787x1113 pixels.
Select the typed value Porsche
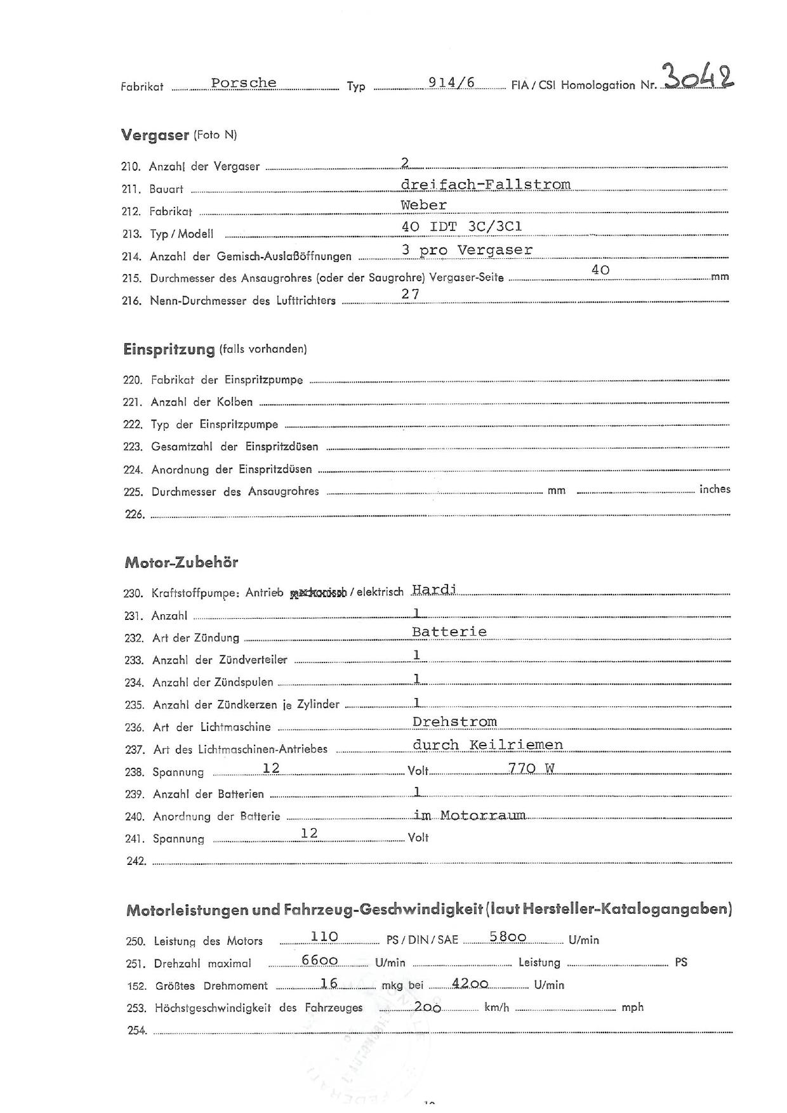[x=244, y=83]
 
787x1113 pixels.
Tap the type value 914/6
[x=451, y=82]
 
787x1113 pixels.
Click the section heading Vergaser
[x=155, y=135]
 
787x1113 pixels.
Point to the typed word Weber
[x=423, y=205]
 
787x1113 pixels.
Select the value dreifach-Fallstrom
[x=486, y=185]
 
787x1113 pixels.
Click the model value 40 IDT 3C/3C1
[x=462, y=227]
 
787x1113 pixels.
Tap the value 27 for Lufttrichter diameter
[x=411, y=294]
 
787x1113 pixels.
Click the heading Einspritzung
[x=169, y=349]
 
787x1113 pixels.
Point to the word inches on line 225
[x=715, y=489]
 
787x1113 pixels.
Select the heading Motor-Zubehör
[x=182, y=562]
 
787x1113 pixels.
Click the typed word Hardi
[x=434, y=589]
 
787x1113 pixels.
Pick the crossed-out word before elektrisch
[x=318, y=593]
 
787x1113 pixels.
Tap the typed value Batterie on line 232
[x=449, y=631]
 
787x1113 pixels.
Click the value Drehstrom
[x=454, y=722]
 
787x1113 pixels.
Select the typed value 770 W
[x=531, y=768]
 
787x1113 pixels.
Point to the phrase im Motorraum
[x=470, y=815]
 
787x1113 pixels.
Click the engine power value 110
[x=324, y=937]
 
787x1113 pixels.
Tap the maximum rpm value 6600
[x=319, y=960]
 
